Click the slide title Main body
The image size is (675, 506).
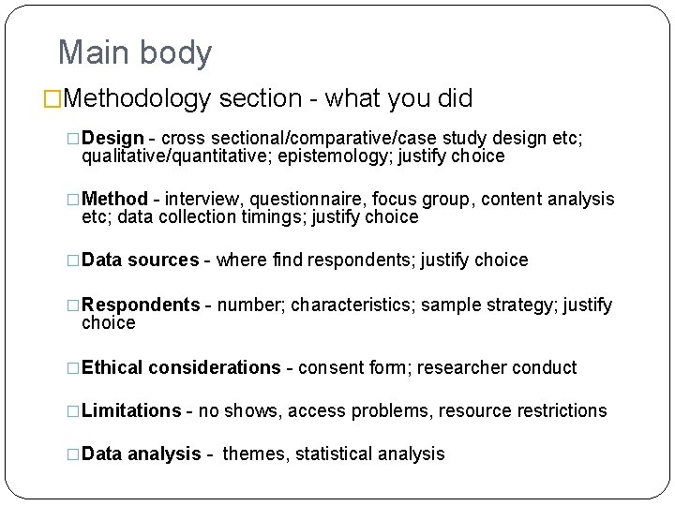tap(135, 52)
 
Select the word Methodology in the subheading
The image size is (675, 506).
tap(140, 98)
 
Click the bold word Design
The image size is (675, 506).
tap(112, 139)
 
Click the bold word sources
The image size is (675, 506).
tap(163, 260)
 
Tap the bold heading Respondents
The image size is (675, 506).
tap(141, 305)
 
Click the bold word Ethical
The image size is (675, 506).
tap(112, 367)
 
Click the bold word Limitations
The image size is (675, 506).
tap(131, 410)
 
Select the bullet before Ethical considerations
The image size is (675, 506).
tap(74, 368)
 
